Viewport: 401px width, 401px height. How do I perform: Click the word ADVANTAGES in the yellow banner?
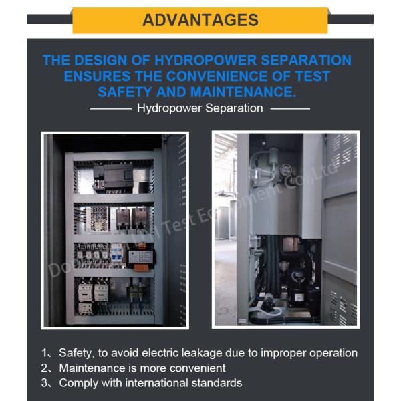point(200,20)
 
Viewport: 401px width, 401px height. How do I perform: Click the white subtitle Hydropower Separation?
point(200,108)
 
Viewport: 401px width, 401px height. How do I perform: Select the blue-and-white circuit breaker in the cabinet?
point(115,254)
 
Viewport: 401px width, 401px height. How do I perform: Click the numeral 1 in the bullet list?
point(44,353)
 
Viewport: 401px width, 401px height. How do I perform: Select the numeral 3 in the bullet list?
point(45,383)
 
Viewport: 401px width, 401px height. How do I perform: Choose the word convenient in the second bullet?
point(198,368)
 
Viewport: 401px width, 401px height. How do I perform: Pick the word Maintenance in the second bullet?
point(90,368)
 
